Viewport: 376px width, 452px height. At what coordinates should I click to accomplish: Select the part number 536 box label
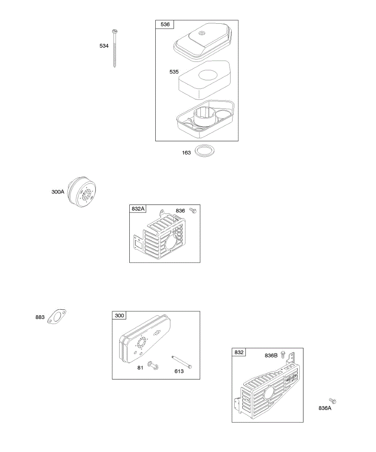[165, 24]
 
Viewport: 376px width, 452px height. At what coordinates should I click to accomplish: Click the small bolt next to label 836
[193, 211]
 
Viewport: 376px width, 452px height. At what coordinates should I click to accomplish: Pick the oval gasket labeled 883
[57, 316]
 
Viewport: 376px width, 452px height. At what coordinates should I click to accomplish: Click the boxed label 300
[119, 316]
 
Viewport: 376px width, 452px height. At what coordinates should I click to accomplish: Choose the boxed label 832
[239, 352]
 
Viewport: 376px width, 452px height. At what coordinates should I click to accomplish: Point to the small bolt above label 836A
[332, 401]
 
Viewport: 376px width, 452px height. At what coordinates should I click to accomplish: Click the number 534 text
[104, 46]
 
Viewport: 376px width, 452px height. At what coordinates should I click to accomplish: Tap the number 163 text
[186, 153]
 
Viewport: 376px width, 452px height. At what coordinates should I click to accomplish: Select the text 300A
[58, 192]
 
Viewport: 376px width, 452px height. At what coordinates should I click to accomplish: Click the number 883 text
[40, 318]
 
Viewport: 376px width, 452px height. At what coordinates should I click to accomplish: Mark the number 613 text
[179, 371]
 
